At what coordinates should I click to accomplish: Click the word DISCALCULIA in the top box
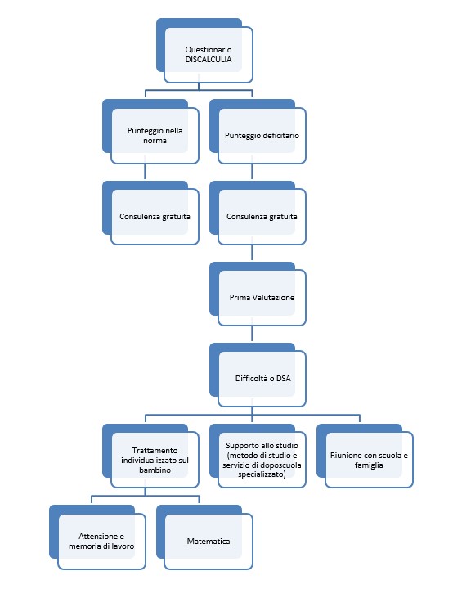click(x=208, y=60)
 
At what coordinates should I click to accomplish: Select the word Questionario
click(x=208, y=50)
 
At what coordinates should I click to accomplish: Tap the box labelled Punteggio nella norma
click(x=150, y=132)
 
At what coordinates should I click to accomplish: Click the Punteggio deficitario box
click(x=258, y=132)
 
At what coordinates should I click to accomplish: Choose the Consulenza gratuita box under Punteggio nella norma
click(x=150, y=213)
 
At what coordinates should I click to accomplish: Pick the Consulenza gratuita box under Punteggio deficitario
click(x=258, y=213)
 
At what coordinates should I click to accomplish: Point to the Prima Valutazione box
click(x=258, y=294)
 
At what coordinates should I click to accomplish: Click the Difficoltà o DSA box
click(x=258, y=375)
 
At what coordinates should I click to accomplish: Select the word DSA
click(x=284, y=378)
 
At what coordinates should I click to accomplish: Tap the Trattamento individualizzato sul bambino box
click(x=150, y=456)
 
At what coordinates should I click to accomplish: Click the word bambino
click(x=155, y=470)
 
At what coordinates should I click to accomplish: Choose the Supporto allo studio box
click(x=258, y=456)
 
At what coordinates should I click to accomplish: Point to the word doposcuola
click(x=283, y=465)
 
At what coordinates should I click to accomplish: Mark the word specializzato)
click(x=262, y=474)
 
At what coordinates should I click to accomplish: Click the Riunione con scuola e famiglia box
click(x=365, y=456)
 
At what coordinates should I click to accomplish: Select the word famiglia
click(x=369, y=465)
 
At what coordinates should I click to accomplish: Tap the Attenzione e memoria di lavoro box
click(x=97, y=537)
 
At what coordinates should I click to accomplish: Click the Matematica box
click(x=204, y=537)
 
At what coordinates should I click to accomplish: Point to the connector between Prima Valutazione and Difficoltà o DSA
click(x=252, y=335)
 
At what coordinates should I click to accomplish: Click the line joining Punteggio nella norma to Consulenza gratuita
click(x=145, y=173)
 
